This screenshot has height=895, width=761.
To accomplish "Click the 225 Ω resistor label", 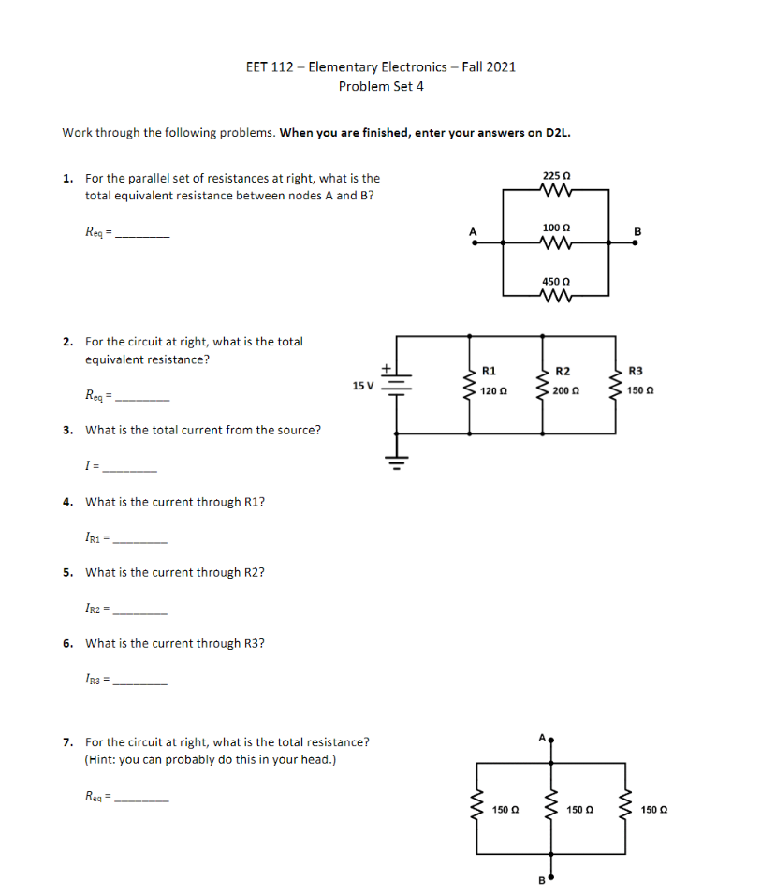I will point(556,175).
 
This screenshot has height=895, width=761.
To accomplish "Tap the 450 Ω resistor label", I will point(556,281).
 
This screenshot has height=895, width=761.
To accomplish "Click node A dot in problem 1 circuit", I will point(474,242).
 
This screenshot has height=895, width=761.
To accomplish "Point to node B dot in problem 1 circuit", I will point(637,242).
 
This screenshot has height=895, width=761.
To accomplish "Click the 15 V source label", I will point(362,385).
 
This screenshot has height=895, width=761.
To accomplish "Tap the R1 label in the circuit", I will point(488,372).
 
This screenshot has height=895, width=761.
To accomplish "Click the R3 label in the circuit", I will point(637,372).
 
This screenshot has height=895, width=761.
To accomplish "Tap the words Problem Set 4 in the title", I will point(381,86).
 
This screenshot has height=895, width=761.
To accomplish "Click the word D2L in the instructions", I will point(557,133).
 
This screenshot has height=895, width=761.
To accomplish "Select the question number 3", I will point(67,430).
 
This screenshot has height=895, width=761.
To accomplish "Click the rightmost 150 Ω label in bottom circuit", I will point(655,809).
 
